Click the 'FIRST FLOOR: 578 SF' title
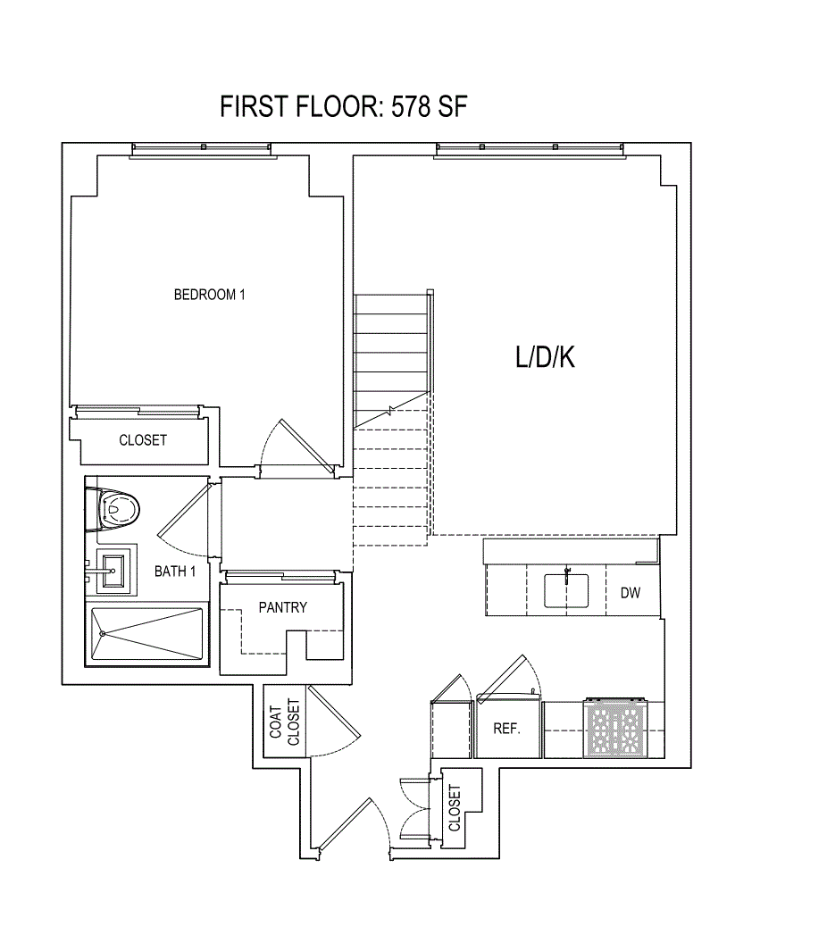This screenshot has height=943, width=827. [x=344, y=107]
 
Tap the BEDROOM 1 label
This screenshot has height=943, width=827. [x=209, y=295]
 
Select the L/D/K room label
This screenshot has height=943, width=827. [x=545, y=358]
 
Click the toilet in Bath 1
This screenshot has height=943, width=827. [x=118, y=509]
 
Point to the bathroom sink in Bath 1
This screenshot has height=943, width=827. [x=113, y=570]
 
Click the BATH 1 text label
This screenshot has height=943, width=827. [x=175, y=572]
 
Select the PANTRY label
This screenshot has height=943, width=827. [x=282, y=607]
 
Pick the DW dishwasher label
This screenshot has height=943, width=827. [x=631, y=592]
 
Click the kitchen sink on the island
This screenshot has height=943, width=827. [x=566, y=590]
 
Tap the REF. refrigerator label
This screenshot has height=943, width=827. [x=507, y=729]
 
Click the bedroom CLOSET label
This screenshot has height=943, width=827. [x=143, y=440]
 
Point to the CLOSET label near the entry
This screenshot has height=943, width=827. [x=455, y=808]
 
